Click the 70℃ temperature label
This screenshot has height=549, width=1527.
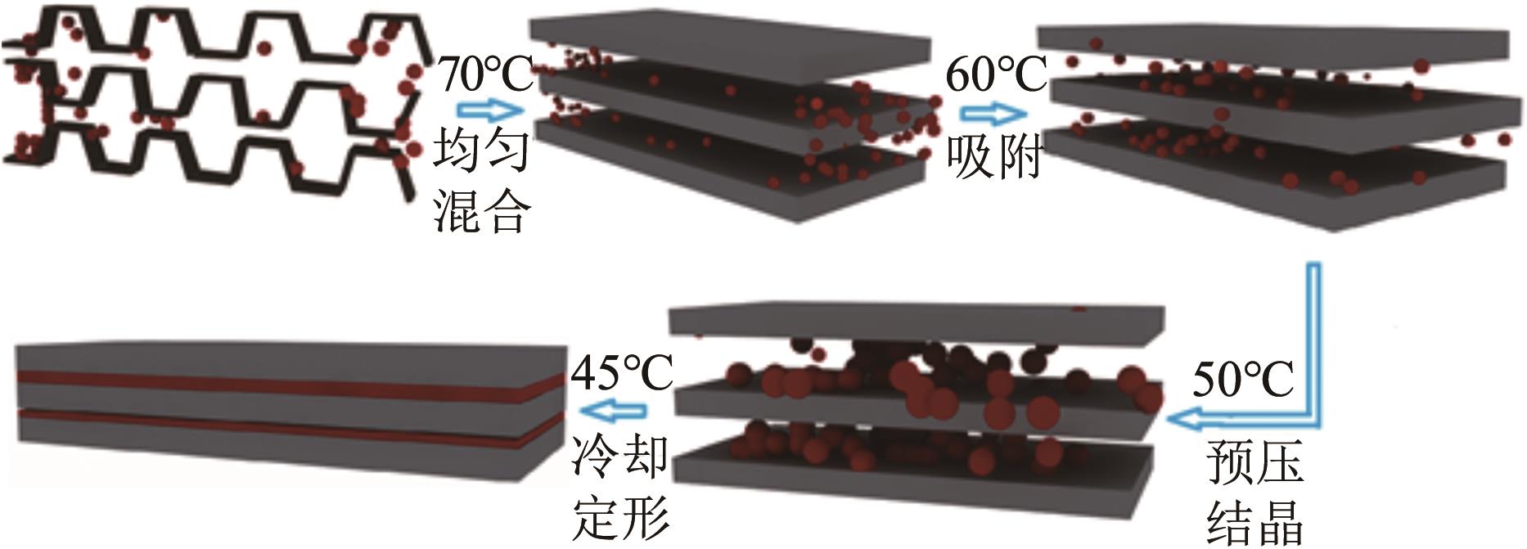pyautogui.click(x=484, y=75)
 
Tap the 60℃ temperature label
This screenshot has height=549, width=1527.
pyautogui.click(x=996, y=75)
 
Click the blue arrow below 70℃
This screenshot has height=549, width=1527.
pyautogui.click(x=489, y=110)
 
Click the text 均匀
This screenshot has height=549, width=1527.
pyautogui.click(x=481, y=152)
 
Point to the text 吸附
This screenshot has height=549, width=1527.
pyautogui.click(x=993, y=155)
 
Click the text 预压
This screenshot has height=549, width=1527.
pyautogui.click(x=1254, y=463)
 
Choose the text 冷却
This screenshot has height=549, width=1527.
pyautogui.click(x=619, y=457)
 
